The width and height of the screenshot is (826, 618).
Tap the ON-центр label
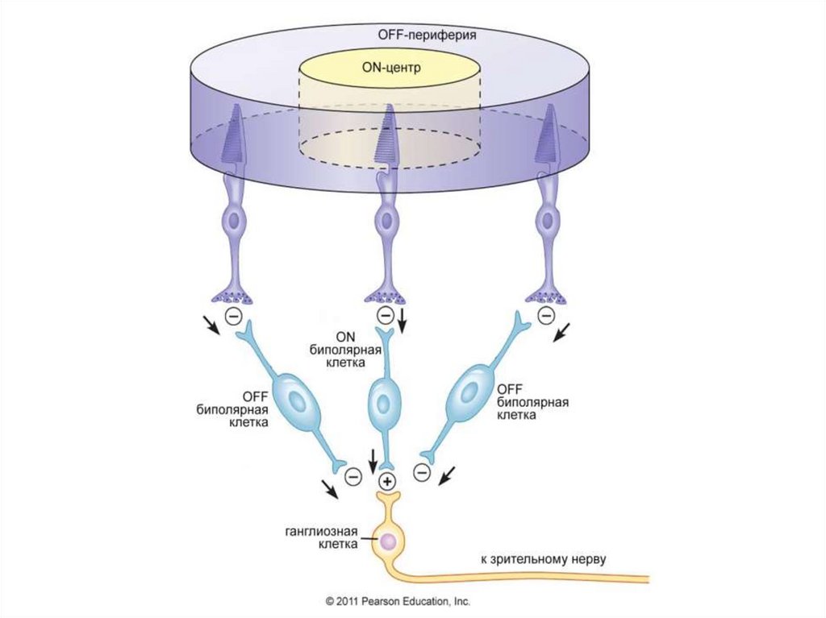pyautogui.click(x=390, y=67)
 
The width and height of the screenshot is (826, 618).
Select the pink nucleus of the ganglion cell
pyautogui.click(x=388, y=542)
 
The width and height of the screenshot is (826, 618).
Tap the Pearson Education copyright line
pyautogui.click(x=397, y=601)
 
